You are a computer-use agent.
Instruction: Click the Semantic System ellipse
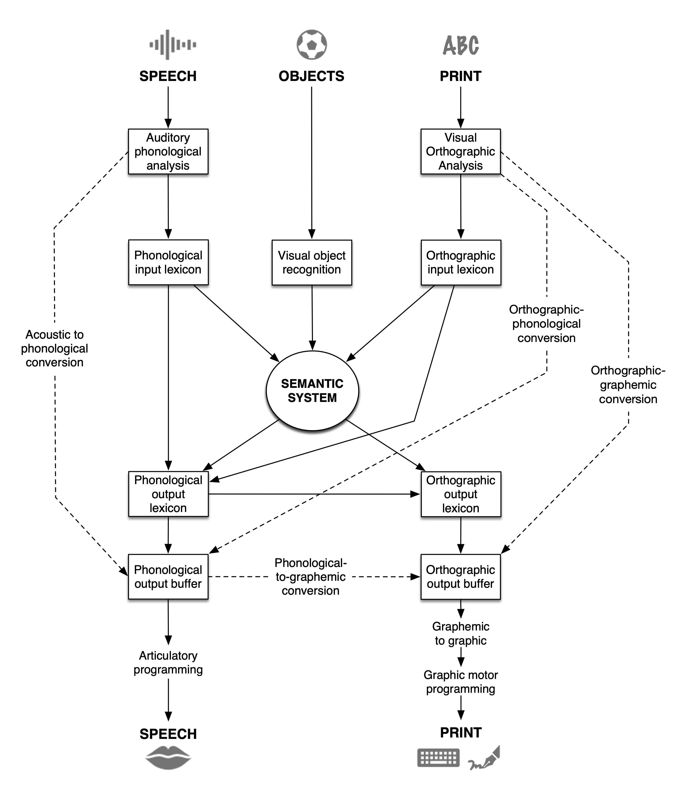(x=312, y=391)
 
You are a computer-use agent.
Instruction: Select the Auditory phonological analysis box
(x=168, y=151)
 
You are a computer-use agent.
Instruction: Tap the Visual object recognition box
(x=312, y=263)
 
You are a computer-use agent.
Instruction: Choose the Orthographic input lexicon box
(x=461, y=263)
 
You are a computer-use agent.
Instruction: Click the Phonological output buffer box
(x=168, y=577)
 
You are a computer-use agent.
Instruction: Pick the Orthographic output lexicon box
(x=461, y=494)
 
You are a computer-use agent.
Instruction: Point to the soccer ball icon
(x=312, y=44)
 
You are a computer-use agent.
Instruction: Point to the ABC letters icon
(x=461, y=45)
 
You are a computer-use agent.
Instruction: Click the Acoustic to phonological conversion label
(x=55, y=348)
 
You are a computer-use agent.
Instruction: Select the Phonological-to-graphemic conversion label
(x=311, y=577)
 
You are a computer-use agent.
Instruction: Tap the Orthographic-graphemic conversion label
(x=628, y=384)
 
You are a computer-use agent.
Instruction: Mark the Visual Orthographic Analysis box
(x=461, y=151)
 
